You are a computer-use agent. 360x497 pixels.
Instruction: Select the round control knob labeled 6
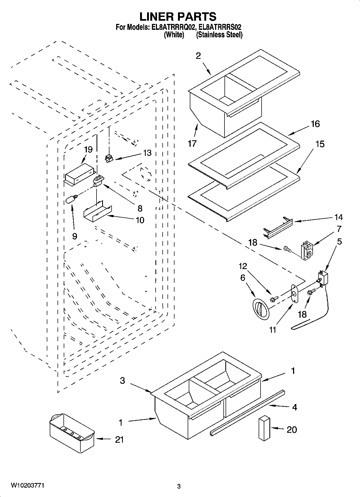coord(261,309)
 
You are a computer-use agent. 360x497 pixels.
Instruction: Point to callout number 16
coord(315,124)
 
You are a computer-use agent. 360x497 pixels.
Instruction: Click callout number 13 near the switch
coord(147,153)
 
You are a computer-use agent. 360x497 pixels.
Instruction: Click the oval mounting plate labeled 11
coord(295,294)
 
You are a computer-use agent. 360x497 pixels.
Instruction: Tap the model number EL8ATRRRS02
coord(219,27)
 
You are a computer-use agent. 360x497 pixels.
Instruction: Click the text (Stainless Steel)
coord(219,35)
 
